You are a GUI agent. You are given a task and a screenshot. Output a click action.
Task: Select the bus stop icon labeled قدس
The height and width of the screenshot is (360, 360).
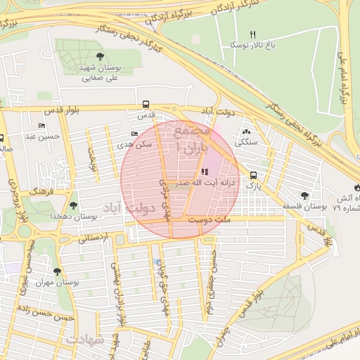146,103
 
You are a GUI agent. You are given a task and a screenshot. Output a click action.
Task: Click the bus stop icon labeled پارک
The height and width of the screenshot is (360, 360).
253,176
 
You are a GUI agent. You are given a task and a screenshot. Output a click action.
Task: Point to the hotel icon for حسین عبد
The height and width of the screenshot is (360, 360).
42,125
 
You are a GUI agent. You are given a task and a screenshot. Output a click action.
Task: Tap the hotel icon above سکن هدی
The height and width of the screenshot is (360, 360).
134,134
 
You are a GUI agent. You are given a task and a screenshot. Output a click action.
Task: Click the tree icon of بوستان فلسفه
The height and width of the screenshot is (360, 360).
304,196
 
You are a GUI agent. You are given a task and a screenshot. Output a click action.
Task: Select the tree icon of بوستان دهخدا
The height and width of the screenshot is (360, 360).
73,205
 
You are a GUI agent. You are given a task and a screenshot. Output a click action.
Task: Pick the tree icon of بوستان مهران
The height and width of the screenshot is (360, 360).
57,271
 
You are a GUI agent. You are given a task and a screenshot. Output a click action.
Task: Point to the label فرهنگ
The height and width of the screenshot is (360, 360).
39,191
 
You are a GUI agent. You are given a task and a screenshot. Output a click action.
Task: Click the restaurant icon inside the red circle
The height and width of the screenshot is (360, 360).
204,172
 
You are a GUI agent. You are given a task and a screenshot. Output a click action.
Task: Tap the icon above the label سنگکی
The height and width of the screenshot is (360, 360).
245,131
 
